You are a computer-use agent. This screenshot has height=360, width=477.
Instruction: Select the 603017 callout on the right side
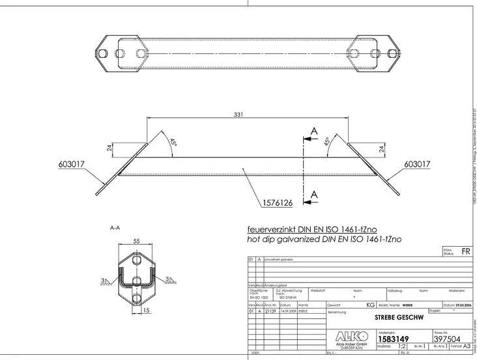click(417, 165)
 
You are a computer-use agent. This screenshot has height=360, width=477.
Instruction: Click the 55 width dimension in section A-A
click(136, 241)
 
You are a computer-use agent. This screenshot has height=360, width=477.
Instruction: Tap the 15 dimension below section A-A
click(147, 311)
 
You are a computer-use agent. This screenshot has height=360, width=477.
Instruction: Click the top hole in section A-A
click(136, 260)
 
